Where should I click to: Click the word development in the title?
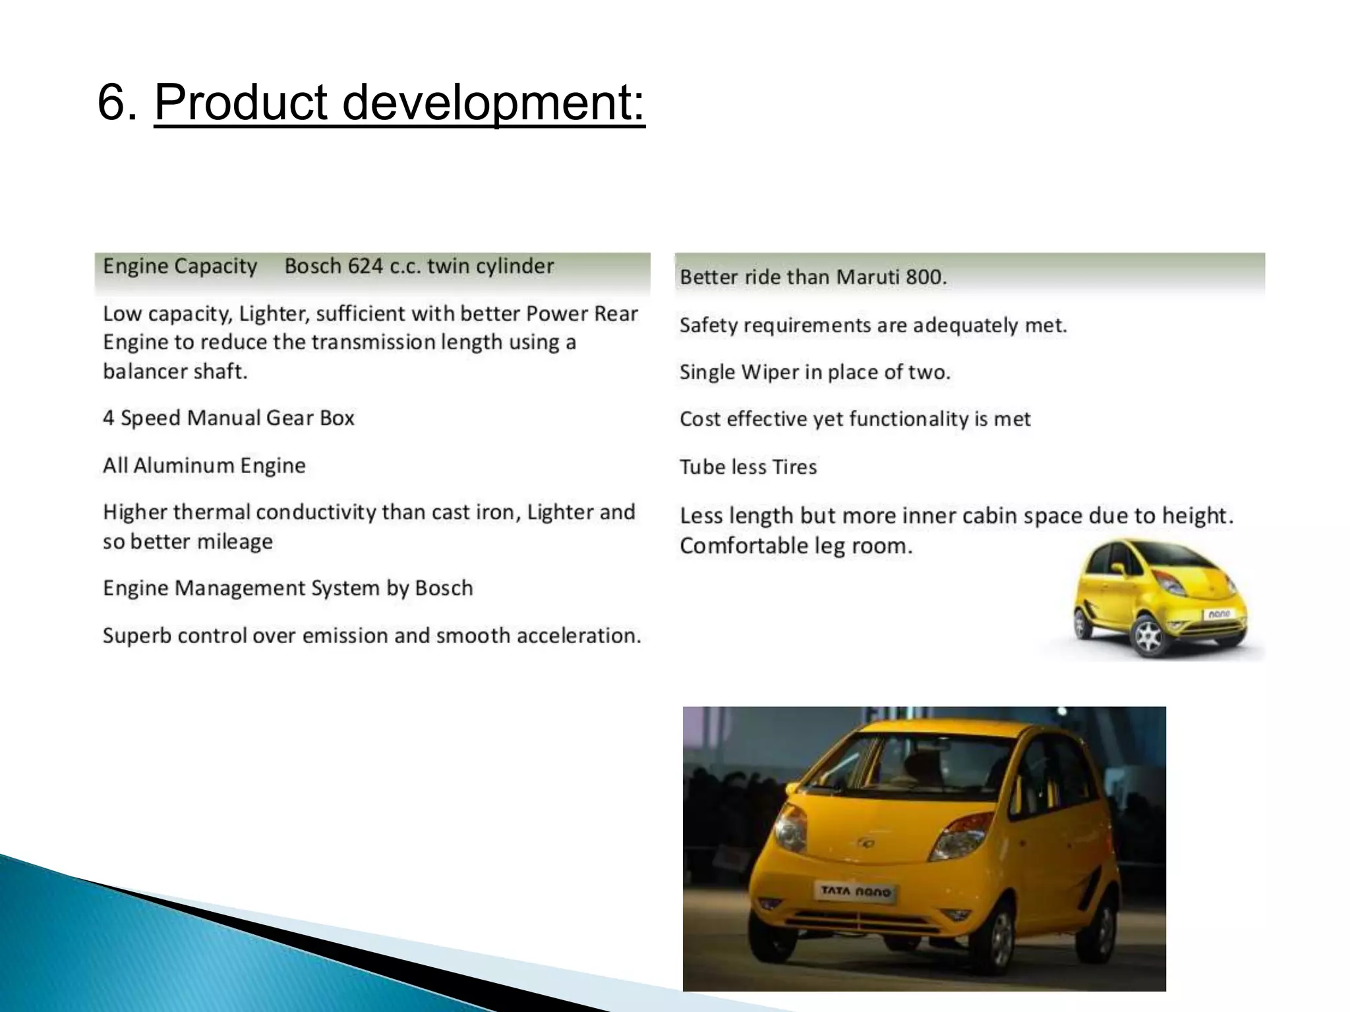pyautogui.click(x=493, y=103)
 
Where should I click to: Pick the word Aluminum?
pyautogui.click(x=183, y=466)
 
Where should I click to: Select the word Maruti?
pyautogui.click(x=868, y=277)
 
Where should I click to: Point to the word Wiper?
pyautogui.click(x=768, y=372)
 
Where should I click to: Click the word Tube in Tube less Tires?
pyautogui.click(x=700, y=467)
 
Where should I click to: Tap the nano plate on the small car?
pyautogui.click(x=1219, y=613)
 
